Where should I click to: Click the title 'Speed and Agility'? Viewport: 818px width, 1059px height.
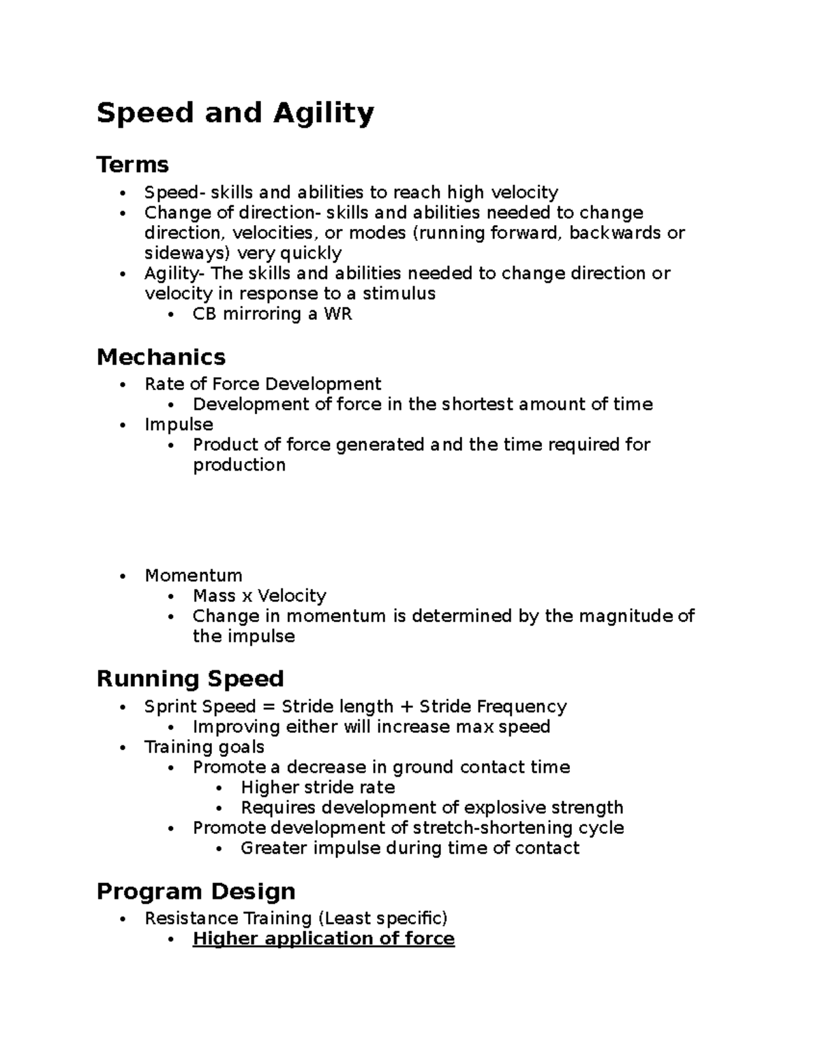[235, 113]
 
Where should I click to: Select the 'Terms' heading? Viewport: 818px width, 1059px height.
[132, 164]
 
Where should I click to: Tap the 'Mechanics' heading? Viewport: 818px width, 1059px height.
[161, 357]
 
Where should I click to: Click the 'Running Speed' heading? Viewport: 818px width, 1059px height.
[190, 678]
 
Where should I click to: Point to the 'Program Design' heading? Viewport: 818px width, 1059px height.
[196, 891]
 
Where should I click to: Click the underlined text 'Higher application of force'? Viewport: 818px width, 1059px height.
[323, 938]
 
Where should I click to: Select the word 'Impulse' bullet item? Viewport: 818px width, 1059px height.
[179, 424]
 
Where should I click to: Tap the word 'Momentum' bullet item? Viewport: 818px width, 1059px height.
[193, 576]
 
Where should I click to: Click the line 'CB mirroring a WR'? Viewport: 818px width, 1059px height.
[272, 314]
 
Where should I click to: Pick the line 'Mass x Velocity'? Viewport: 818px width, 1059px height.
[259, 596]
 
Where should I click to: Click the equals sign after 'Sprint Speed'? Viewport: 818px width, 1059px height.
[268, 706]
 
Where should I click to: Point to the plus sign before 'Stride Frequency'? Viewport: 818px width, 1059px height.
[406, 706]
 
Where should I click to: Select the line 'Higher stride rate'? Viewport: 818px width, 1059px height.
[318, 788]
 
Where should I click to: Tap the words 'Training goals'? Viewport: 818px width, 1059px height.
[204, 747]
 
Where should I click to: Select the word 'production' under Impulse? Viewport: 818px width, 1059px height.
[239, 465]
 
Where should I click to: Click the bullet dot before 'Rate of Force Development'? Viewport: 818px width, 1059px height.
[123, 385]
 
